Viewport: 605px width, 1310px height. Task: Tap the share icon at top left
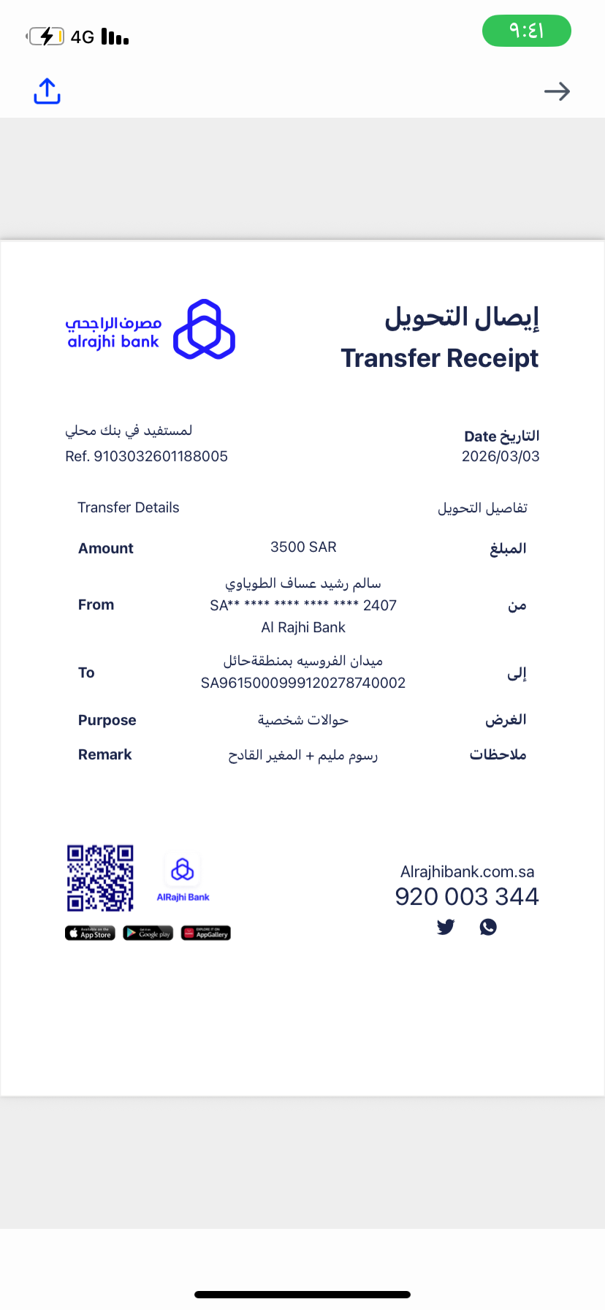[x=47, y=91]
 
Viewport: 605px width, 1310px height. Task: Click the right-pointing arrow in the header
[x=557, y=91]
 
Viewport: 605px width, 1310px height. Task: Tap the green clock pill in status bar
[x=526, y=31]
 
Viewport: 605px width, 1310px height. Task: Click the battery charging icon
[x=46, y=36]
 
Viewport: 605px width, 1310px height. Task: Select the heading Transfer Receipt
[x=439, y=358]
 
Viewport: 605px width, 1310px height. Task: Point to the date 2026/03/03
[x=501, y=456]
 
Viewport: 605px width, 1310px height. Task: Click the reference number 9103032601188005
[x=161, y=456]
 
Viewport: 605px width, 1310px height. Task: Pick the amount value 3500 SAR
[x=303, y=547]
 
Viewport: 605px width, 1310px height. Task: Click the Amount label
[x=106, y=548]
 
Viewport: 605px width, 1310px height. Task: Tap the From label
[x=96, y=605]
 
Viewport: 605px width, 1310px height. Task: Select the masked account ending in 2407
[x=303, y=605]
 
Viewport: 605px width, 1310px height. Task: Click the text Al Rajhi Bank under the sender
[x=303, y=627]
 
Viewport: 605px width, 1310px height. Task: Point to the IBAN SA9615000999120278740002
[x=303, y=683]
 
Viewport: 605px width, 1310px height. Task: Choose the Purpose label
[x=107, y=720]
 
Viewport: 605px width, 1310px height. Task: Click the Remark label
[x=104, y=754]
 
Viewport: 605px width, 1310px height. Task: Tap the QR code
[x=100, y=878]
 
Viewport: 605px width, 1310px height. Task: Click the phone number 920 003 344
[x=467, y=896]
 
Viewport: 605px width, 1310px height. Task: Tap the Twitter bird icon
[x=446, y=927]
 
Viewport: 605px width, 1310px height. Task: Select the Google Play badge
[x=148, y=934]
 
